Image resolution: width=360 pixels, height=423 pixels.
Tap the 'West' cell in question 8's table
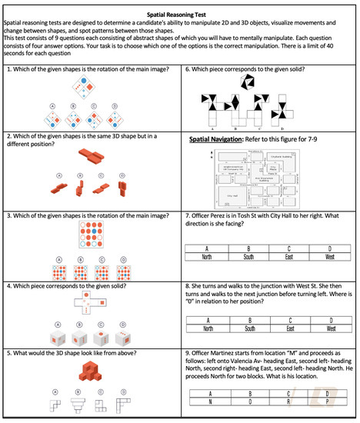tap(332, 328)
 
